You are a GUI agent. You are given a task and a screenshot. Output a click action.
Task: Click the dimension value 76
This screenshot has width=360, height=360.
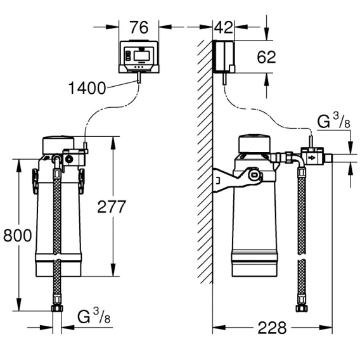coord(139,27)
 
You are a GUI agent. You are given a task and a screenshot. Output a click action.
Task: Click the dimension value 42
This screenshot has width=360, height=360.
coord(223,27)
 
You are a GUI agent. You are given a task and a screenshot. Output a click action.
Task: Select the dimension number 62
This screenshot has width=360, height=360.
coord(266,57)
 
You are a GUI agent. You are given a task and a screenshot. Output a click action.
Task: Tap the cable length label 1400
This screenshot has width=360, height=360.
coord(87,88)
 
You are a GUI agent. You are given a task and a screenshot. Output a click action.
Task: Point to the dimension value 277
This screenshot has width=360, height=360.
coord(112,207)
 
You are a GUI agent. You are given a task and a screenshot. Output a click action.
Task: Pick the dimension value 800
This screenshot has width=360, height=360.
coord(18,235)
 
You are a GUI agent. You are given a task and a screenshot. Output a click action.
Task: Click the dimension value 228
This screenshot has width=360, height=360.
coord(272,328)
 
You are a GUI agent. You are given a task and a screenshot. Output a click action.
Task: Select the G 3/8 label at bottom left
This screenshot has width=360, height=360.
coord(94,316)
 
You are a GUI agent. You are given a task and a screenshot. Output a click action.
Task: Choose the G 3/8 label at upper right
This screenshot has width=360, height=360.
coord(333,121)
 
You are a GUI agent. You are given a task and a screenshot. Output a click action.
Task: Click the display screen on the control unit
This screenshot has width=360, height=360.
coord(142,56)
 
